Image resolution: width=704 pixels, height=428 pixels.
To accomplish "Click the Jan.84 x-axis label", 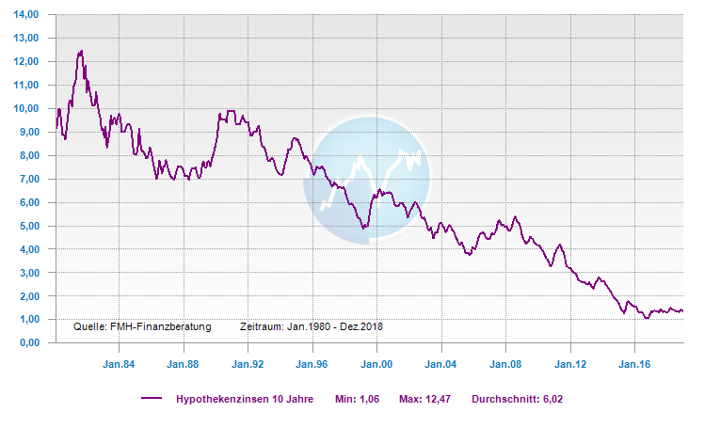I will (118, 362).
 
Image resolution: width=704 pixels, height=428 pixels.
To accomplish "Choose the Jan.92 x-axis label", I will (247, 362).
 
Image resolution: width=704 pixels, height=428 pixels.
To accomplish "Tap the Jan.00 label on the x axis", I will (376, 362).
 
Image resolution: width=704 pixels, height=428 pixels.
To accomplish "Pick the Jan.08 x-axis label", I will (505, 362).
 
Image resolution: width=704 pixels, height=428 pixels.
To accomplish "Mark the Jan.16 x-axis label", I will (634, 362).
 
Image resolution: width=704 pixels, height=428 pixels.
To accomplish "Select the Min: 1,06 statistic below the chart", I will (356, 399).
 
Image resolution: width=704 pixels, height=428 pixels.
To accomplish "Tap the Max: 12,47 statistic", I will (425, 399).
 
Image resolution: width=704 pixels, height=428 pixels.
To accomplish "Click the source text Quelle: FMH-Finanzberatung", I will (142, 327).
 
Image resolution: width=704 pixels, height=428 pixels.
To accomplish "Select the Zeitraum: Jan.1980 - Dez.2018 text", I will (312, 327).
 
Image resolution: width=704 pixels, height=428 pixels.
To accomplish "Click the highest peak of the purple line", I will (82, 51).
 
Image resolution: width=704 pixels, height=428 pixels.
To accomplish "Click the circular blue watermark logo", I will (366, 179).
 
